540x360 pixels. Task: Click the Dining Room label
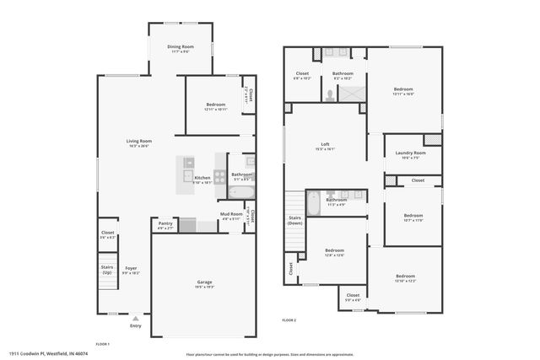pyautogui.click(x=181, y=47)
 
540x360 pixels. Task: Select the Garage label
pyautogui.click(x=204, y=282)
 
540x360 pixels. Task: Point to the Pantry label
pyautogui.click(x=165, y=224)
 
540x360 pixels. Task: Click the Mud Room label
pyautogui.click(x=232, y=215)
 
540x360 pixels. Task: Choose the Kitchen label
pyautogui.click(x=203, y=179)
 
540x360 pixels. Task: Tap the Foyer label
pyautogui.click(x=131, y=270)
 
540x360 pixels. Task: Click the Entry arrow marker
pyautogui.click(x=136, y=318)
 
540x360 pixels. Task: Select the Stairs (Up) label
pyautogui.click(x=107, y=270)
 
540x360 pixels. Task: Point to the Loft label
pyautogui.click(x=325, y=145)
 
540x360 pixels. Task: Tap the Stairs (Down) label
pyautogui.click(x=294, y=221)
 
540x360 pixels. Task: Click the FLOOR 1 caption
pyautogui.click(x=103, y=344)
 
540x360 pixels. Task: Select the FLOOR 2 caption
pyautogui.click(x=289, y=321)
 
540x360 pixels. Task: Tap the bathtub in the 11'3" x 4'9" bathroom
pyautogui.click(x=313, y=203)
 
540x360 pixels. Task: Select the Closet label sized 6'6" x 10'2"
pyautogui.click(x=302, y=75)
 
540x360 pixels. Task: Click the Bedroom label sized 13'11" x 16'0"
pyautogui.click(x=403, y=90)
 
